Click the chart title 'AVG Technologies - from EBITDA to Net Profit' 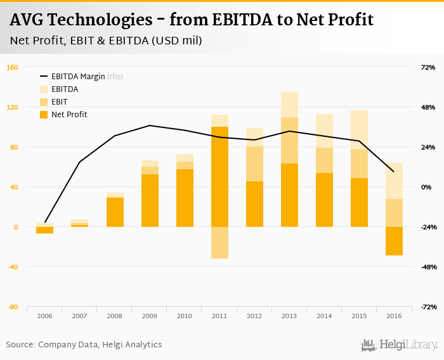[192, 20]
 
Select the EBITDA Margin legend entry [80, 77]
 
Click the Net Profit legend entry [69, 115]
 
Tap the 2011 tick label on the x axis [219, 316]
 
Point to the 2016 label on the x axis [393, 316]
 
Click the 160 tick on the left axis [12, 68]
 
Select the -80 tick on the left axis [12, 307]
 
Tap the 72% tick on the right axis [428, 68]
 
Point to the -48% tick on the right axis [427, 267]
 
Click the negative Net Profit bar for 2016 [394, 241]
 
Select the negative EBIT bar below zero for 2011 [219, 243]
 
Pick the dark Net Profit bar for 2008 [115, 212]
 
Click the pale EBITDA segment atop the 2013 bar [289, 105]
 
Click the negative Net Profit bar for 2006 [45, 230]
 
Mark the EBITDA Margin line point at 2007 [80, 162]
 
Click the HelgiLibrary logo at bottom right [399, 345]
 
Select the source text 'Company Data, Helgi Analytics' [100, 345]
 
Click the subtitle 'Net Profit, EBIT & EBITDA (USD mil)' [106, 41]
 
